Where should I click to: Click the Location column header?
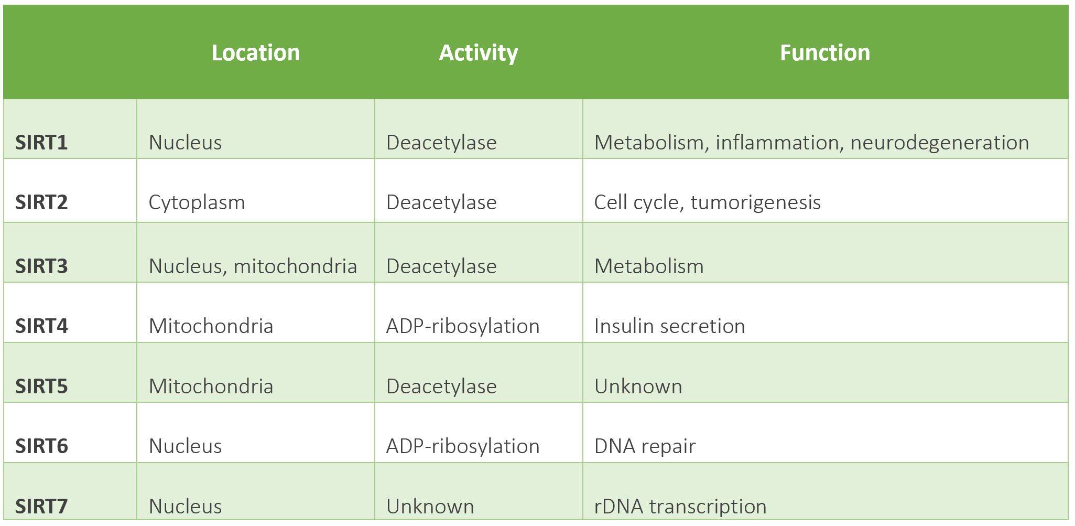click(256, 53)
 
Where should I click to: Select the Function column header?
click(825, 53)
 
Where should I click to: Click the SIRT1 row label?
click(41, 143)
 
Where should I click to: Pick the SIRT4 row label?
click(41, 326)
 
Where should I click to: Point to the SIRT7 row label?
click(41, 507)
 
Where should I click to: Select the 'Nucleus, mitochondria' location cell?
click(253, 266)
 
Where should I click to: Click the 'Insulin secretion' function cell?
click(669, 326)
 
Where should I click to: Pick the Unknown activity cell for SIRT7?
click(430, 507)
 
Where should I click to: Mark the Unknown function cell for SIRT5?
click(638, 387)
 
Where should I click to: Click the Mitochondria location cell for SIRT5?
click(211, 387)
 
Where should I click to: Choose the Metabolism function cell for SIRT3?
click(649, 266)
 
